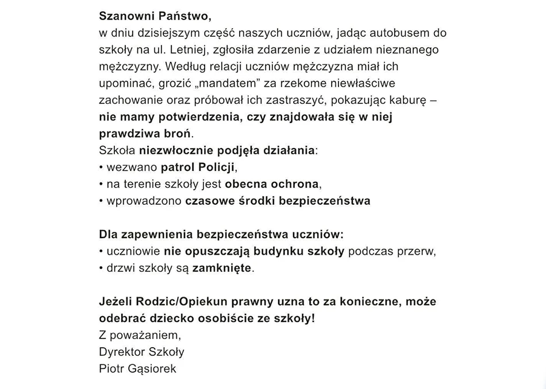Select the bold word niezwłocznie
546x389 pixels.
click(176, 151)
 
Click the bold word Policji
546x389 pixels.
click(213, 168)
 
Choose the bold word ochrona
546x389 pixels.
click(295, 184)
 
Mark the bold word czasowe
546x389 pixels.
click(209, 201)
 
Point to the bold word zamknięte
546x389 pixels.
click(221, 269)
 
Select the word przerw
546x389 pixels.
click(417, 251)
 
